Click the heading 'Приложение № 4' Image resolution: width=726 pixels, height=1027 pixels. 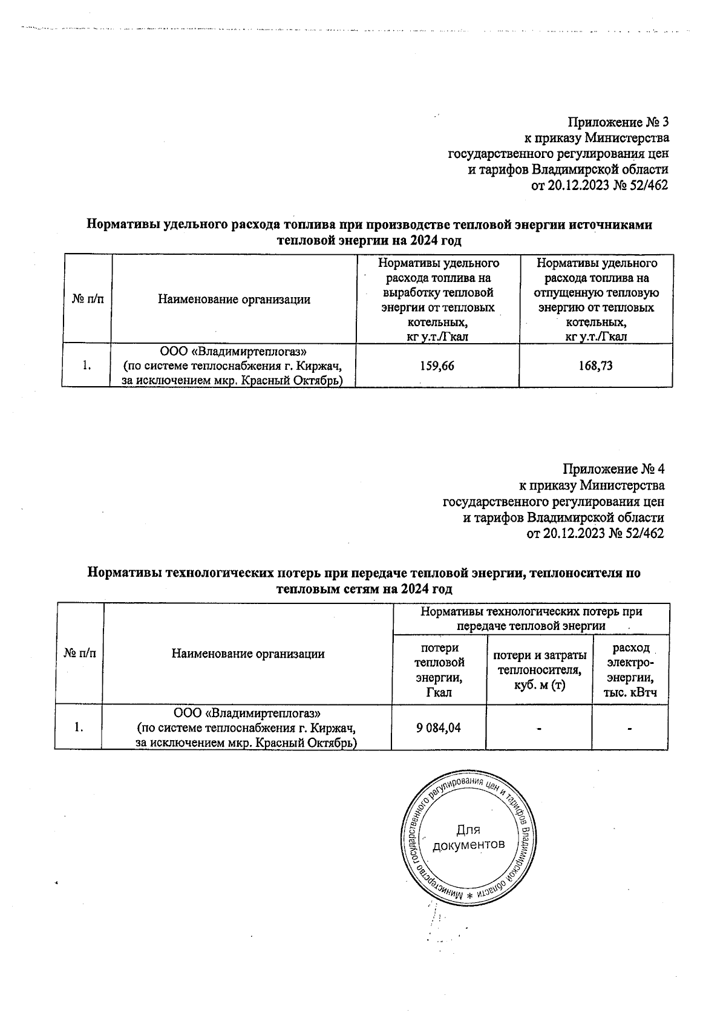click(614, 469)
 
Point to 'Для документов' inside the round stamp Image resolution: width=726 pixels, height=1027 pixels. click(469, 837)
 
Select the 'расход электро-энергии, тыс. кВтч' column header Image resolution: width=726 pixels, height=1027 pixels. click(630, 670)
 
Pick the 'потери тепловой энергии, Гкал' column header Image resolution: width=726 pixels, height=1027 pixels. click(439, 670)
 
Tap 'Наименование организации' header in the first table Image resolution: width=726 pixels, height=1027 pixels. click(234, 300)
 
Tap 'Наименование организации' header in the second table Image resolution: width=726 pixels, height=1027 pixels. click(247, 654)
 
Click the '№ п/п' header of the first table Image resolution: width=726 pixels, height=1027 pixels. click(87, 300)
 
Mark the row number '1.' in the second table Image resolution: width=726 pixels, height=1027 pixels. click(79, 727)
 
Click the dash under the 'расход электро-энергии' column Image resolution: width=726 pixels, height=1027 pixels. click(630, 729)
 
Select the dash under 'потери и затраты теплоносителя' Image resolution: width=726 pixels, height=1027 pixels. click(538, 729)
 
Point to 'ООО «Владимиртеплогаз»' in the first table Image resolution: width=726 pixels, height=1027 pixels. click(234, 351)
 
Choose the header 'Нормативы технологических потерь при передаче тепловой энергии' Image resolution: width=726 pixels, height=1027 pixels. click(531, 618)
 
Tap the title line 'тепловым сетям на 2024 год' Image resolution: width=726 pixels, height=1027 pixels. click(364, 589)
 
